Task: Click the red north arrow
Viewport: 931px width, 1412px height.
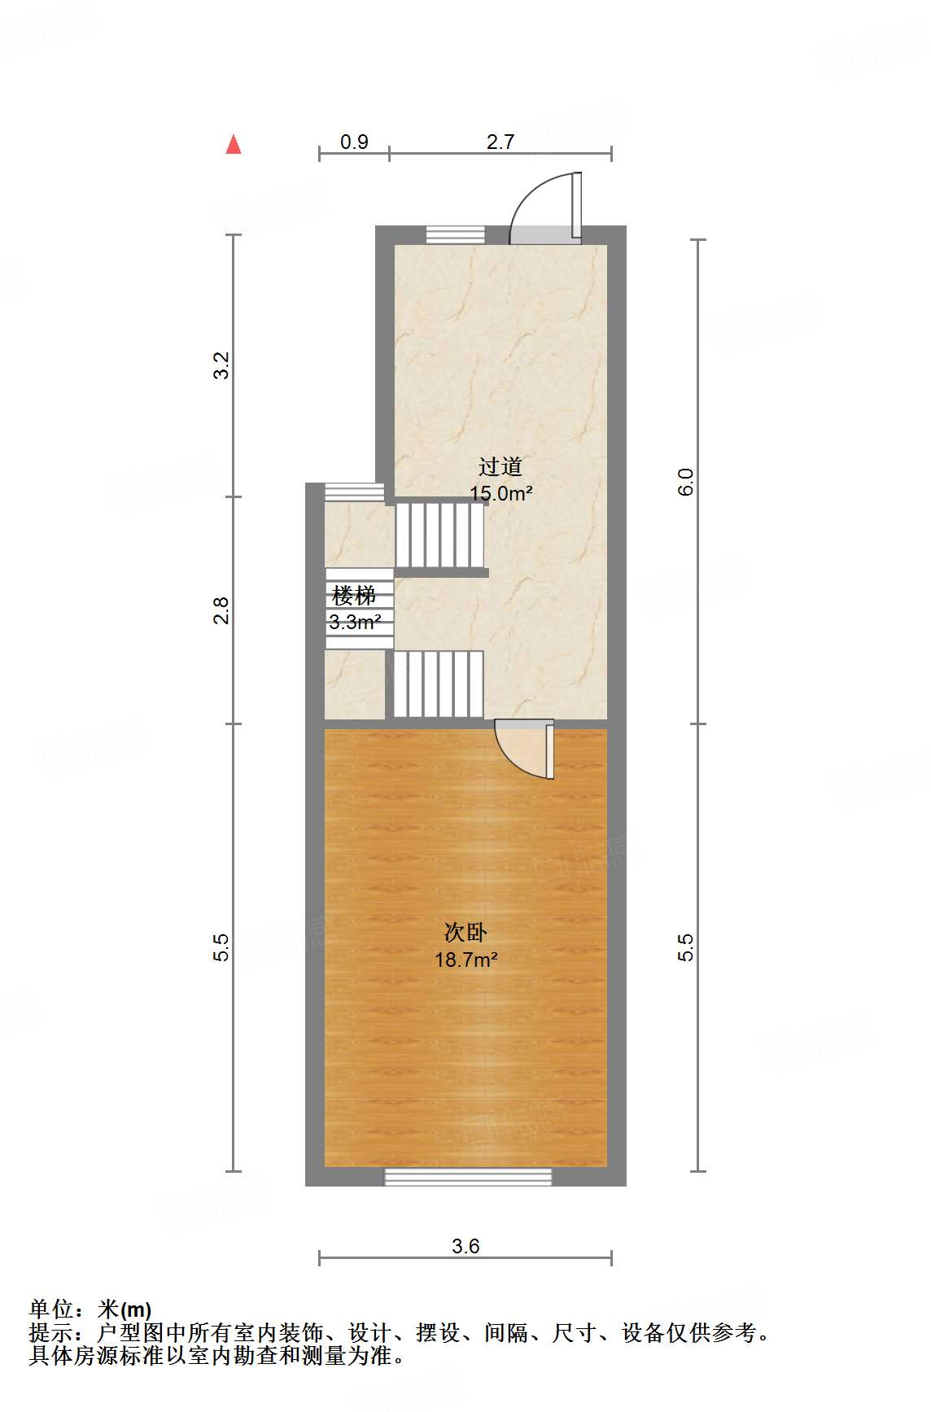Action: click(x=234, y=145)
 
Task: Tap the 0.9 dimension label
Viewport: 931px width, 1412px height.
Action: click(x=354, y=142)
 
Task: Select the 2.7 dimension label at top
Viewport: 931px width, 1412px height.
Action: click(x=500, y=142)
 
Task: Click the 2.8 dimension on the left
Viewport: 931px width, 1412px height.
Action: click(x=221, y=610)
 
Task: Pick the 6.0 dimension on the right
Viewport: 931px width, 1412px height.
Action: click(x=686, y=482)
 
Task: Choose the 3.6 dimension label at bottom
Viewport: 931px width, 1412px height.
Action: click(x=465, y=1246)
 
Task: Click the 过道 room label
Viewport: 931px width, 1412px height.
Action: click(x=500, y=466)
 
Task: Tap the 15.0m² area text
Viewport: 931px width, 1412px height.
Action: click(x=501, y=492)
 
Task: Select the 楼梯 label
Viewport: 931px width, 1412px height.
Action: click(x=354, y=597)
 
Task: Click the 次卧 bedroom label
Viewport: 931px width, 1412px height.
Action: click(x=465, y=932)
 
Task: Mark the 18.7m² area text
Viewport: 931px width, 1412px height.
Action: click(x=465, y=960)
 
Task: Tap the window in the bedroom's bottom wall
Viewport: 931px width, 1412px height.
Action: click(x=468, y=1176)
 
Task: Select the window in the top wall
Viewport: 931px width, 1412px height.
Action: click(x=456, y=234)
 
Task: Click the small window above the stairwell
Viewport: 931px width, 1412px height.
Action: click(x=354, y=492)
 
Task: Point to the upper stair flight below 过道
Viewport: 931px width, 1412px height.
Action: click(x=439, y=535)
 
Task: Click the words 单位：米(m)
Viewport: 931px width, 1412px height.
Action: click(x=90, y=1309)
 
